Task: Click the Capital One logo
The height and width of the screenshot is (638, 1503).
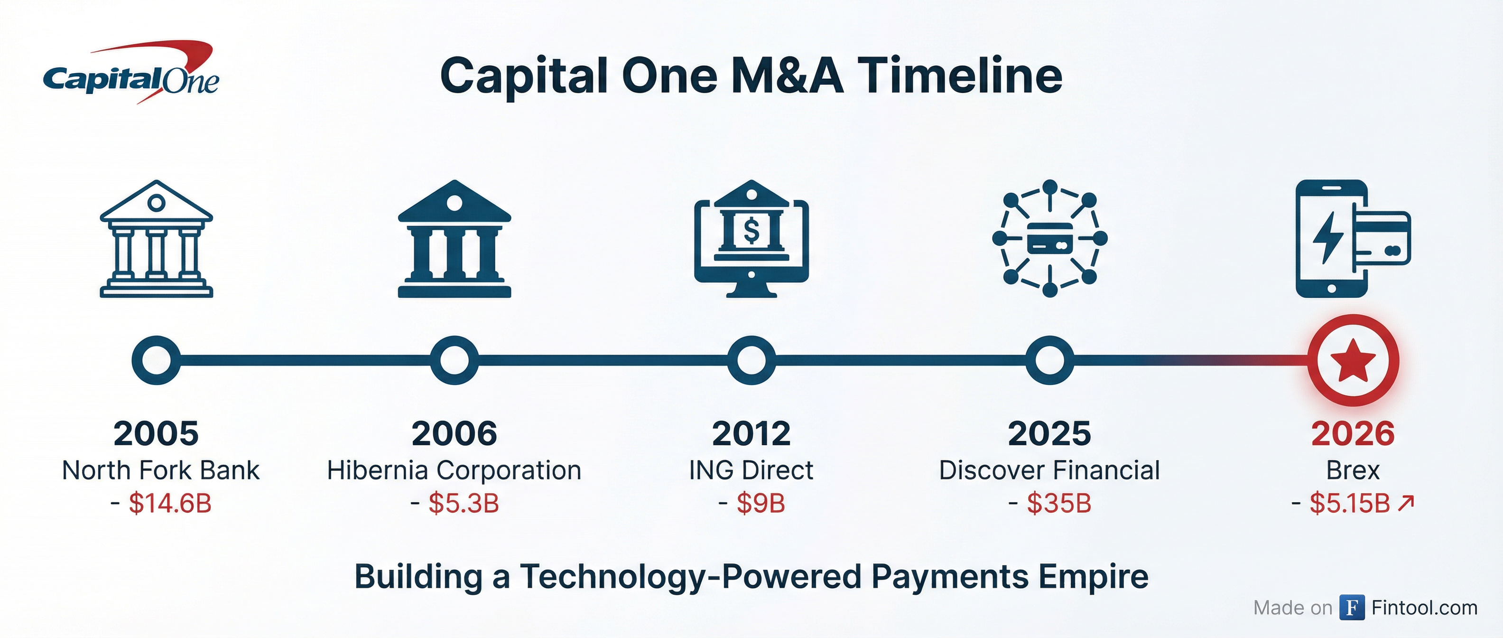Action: click(131, 73)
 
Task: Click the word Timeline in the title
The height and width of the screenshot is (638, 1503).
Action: click(959, 76)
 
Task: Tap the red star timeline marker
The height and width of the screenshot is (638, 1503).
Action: click(1353, 360)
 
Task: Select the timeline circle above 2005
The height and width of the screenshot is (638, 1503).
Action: click(156, 360)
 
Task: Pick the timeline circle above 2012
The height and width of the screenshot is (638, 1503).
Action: click(751, 360)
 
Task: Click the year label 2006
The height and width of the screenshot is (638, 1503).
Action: click(454, 434)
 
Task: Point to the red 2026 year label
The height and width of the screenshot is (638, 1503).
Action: click(1353, 434)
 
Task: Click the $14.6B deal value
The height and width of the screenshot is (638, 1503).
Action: click(170, 503)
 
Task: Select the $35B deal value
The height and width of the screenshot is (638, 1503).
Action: click(1058, 503)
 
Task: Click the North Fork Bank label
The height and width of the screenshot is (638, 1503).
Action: click(160, 470)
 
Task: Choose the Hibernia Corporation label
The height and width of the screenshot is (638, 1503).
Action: click(454, 470)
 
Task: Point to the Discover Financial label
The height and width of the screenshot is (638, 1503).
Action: click(1049, 470)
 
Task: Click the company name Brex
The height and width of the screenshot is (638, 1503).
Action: click(1353, 470)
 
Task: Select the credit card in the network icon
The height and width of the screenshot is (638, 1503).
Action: click(1049, 238)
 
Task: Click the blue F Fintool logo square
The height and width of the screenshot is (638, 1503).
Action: click(1352, 608)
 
